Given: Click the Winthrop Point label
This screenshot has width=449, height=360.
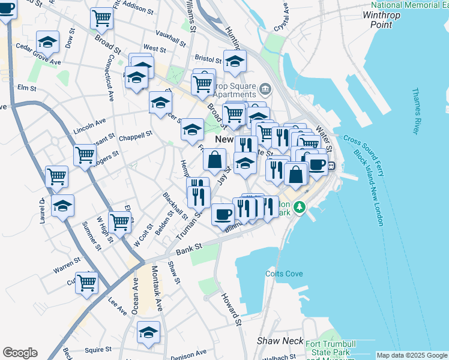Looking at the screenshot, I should click(386, 19).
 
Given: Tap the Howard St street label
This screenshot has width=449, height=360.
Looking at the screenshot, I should click(231, 309).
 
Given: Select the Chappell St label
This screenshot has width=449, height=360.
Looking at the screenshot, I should click(139, 136).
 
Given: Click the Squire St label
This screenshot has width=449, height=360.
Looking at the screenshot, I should click(98, 349).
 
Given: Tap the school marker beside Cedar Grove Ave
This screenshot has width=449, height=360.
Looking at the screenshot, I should click(47, 43).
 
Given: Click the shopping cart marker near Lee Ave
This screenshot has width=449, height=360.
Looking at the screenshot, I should click(86, 282).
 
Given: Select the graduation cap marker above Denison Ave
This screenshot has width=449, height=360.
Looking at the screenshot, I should click(148, 332).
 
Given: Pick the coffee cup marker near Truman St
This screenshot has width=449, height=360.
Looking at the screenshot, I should click(223, 213).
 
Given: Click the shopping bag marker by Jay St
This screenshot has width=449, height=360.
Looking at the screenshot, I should click(214, 160).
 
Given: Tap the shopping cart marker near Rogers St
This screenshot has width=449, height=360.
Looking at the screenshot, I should click(85, 155).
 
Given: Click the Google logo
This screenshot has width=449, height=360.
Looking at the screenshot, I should click(20, 353).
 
